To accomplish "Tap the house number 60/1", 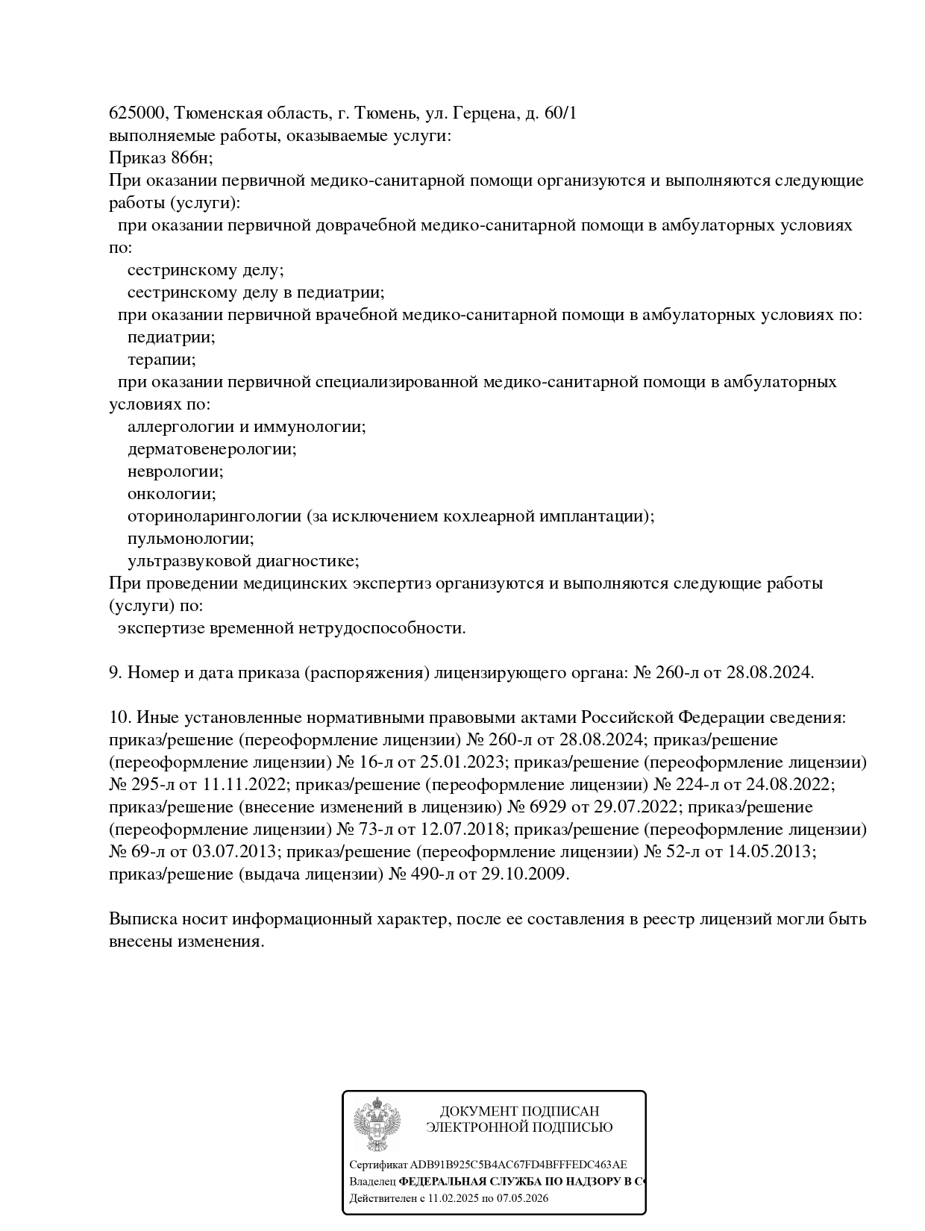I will (559, 113).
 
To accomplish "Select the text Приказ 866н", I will (160, 158).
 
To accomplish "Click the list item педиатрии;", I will (172, 337).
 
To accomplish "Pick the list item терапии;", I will (162, 360).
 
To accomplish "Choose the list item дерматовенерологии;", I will (212, 449).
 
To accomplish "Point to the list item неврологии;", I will (175, 472).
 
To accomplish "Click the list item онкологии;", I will (172, 494).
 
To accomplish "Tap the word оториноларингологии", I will (214, 516).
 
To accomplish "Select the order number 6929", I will (550, 807).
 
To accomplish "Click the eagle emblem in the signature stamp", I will (377, 1125).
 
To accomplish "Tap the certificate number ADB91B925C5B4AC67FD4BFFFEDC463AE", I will (518, 1165).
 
